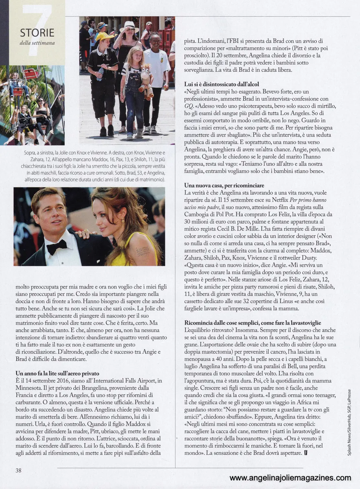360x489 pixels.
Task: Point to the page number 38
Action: tap(18, 470)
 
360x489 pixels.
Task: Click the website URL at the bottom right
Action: tap(290, 478)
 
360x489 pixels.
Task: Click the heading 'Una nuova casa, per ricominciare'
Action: tap(224, 185)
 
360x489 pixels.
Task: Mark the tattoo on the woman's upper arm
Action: tap(143, 251)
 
